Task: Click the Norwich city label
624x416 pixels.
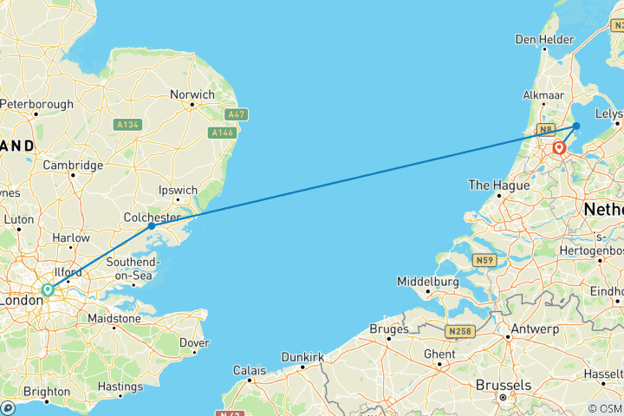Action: click(192, 94)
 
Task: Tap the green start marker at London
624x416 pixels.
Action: click(49, 290)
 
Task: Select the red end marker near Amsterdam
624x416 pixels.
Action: click(559, 148)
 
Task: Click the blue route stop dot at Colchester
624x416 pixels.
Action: click(152, 225)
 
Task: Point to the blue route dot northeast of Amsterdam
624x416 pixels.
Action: click(576, 126)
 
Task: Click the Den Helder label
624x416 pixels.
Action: click(544, 39)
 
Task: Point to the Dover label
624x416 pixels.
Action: click(193, 342)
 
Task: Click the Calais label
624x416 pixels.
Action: click(250, 370)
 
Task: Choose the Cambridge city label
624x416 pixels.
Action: click(73, 165)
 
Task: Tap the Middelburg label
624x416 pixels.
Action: click(426, 282)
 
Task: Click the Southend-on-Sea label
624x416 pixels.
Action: click(131, 269)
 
